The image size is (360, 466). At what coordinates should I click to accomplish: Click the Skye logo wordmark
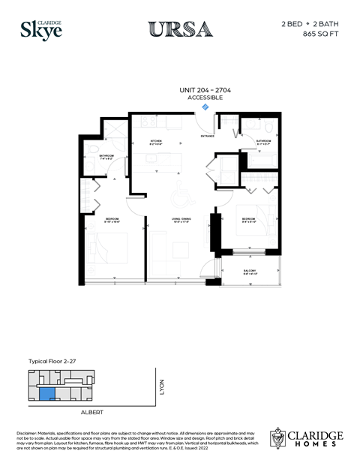click(40, 30)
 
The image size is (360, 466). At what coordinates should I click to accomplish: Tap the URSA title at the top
click(180, 29)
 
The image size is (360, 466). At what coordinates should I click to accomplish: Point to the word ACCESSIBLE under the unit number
click(195, 98)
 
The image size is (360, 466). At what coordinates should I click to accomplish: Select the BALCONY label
click(250, 271)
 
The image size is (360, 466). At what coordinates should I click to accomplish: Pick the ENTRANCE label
click(207, 136)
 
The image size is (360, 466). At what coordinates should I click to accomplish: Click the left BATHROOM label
click(106, 156)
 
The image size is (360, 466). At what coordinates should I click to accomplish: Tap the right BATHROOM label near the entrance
click(263, 140)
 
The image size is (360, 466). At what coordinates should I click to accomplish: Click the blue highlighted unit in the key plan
click(46, 392)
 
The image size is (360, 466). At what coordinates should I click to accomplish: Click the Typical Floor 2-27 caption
click(53, 361)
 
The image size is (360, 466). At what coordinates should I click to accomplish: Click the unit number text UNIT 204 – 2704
click(195, 90)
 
